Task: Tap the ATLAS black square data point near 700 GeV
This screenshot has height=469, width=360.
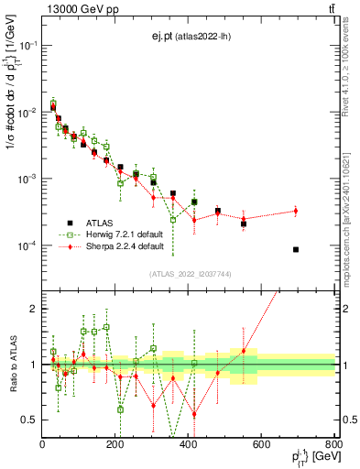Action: [295, 249]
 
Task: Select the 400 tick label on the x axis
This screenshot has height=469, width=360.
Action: [189, 444]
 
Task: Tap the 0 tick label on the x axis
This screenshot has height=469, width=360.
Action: [43, 444]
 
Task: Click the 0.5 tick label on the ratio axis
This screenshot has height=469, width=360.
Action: [29, 420]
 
